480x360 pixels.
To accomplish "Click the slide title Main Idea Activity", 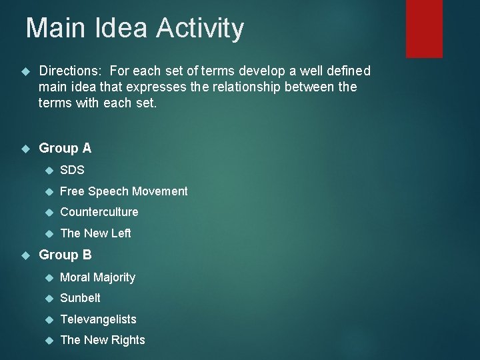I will click(135, 29).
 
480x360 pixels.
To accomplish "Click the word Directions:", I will click(71, 71).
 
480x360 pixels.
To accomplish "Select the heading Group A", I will click(65, 148).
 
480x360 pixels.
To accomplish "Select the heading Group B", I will click(65, 255).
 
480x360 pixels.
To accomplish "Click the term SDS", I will click(72, 170).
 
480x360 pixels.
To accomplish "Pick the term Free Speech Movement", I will click(124, 191).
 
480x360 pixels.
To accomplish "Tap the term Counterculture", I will click(99, 212).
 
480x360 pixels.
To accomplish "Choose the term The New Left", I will click(95, 233).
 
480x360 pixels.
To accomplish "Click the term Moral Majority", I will click(97, 277).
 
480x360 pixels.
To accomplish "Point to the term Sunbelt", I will click(80, 298).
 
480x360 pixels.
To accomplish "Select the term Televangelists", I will click(98, 319).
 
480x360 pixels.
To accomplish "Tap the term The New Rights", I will click(102, 340).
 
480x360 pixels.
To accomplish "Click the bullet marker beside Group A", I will click(26, 149).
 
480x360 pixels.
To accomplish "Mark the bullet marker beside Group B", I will click(26, 255).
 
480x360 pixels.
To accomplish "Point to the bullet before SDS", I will click(47, 171).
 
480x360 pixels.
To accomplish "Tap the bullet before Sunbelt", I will click(47, 299).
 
